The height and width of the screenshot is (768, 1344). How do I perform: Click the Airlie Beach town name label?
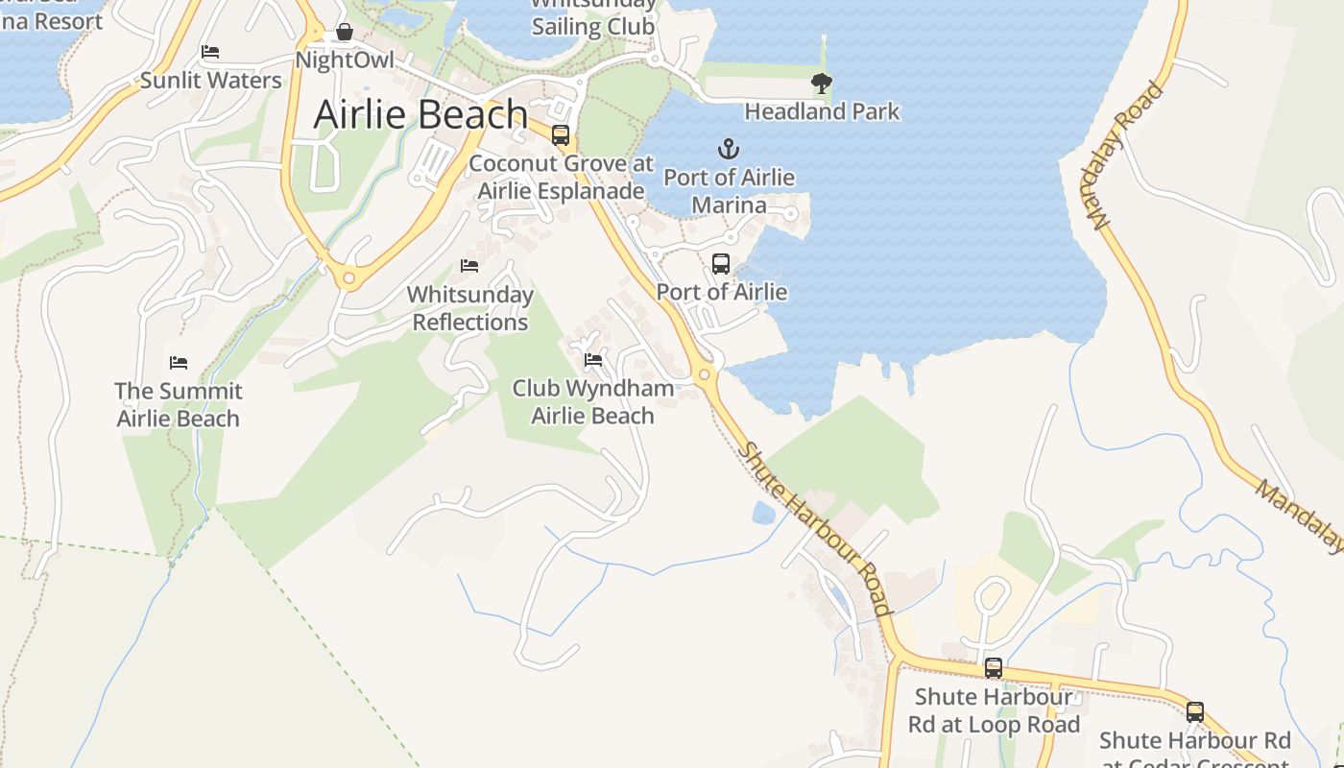pos(420,114)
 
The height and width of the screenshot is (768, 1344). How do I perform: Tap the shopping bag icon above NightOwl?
pos(345,33)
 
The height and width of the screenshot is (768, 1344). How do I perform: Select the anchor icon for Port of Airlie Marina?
pos(729,149)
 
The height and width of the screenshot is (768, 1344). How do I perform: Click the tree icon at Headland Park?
pos(821,84)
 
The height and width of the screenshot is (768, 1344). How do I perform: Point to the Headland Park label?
pos(822,111)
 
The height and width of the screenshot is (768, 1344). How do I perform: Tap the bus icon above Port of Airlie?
pos(721,263)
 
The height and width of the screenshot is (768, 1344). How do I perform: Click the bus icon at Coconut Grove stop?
pos(561,135)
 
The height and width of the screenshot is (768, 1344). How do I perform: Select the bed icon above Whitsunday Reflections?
pos(469,265)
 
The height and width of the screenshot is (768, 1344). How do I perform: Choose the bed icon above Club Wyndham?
pos(593,360)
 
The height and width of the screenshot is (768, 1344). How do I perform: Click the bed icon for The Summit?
pos(179,362)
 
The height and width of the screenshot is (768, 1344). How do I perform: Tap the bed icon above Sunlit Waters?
pos(210,51)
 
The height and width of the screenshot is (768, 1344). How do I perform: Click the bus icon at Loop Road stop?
pos(994,667)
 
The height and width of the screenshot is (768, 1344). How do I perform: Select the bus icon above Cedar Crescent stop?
pos(1195,711)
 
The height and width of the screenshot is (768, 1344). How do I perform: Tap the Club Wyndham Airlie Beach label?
pos(592,402)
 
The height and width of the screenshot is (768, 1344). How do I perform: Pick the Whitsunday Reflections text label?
pos(470,308)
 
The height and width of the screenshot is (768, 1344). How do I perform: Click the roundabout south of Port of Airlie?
pos(705,374)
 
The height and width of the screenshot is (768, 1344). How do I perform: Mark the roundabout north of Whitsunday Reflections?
pos(348,279)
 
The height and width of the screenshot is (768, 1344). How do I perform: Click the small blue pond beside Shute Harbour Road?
pos(764,514)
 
